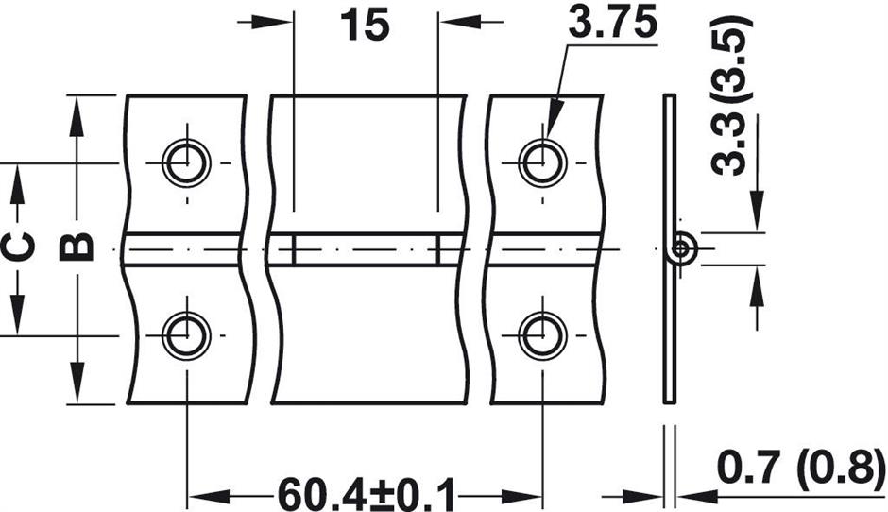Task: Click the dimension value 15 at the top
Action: click(x=366, y=25)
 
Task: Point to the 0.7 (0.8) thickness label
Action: click(x=801, y=468)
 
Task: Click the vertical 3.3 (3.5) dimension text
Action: click(x=730, y=95)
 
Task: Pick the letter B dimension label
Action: click(x=77, y=247)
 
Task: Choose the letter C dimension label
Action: click(x=18, y=247)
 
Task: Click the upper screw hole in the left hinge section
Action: click(x=186, y=162)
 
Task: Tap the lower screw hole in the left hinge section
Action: click(x=186, y=335)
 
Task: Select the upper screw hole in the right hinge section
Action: click(x=543, y=162)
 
